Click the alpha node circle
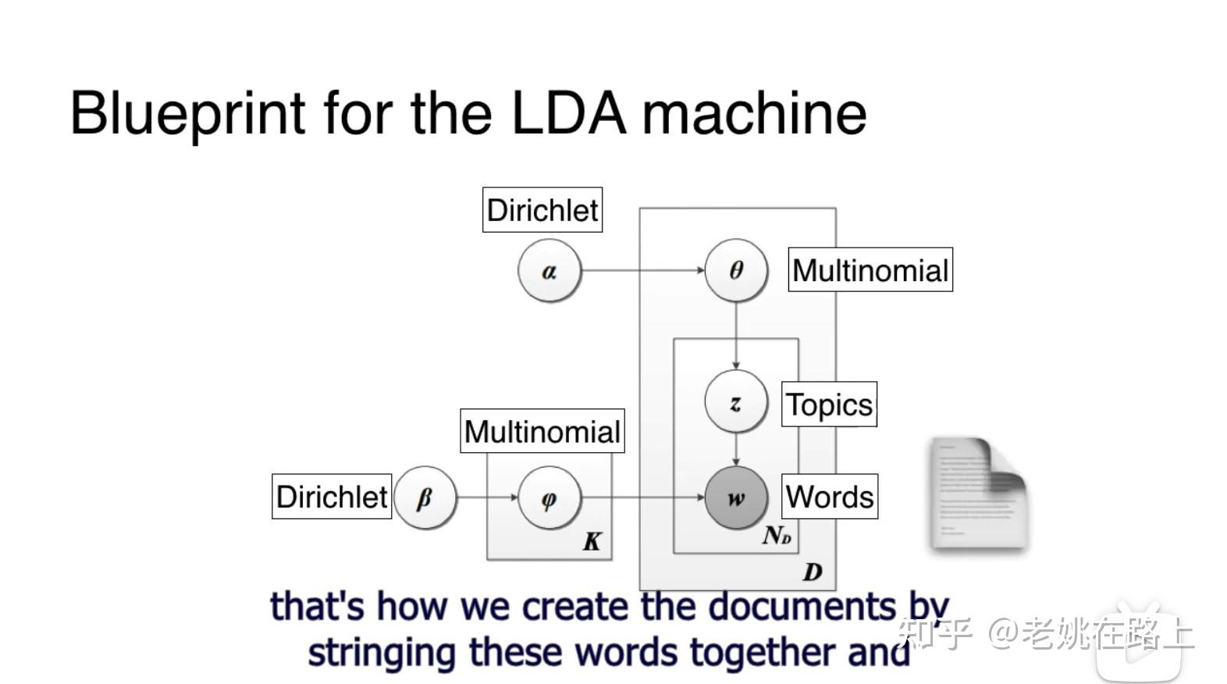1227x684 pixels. click(549, 271)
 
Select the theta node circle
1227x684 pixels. click(736, 270)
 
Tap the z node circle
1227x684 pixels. click(735, 402)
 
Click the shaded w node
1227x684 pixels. click(735, 498)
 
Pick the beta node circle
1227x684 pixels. click(425, 497)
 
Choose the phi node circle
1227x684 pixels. click(549, 498)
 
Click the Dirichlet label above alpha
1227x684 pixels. click(542, 210)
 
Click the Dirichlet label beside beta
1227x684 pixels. click(332, 497)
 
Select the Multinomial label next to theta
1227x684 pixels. click(870, 270)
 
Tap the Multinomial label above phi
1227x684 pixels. click(542, 431)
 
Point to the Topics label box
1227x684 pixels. click(829, 404)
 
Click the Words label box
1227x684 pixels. click(830, 497)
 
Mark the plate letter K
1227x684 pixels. click(592, 542)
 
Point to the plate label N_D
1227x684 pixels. click(777, 536)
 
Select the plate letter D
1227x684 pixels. click(813, 572)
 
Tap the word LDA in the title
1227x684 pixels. click(568, 113)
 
